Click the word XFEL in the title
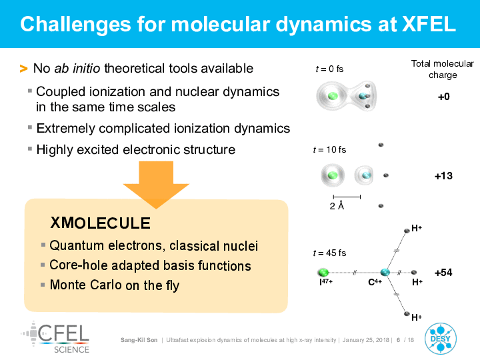(x=429, y=24)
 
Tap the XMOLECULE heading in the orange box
(x=101, y=223)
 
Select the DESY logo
(x=441, y=339)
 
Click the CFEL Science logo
(x=55, y=337)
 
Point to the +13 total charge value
(x=443, y=176)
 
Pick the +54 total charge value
(x=443, y=273)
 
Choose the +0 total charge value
(x=444, y=97)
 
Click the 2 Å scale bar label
(x=337, y=206)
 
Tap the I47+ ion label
(x=326, y=281)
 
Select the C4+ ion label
(x=375, y=281)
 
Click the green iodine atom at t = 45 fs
(x=323, y=272)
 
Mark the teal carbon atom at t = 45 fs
(x=385, y=272)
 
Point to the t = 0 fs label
(x=330, y=69)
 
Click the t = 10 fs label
(x=330, y=150)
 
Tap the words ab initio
(x=77, y=68)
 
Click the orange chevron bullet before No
(x=23, y=69)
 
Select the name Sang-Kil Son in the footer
(x=139, y=340)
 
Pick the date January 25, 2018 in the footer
(x=366, y=340)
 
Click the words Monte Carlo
(x=86, y=285)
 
